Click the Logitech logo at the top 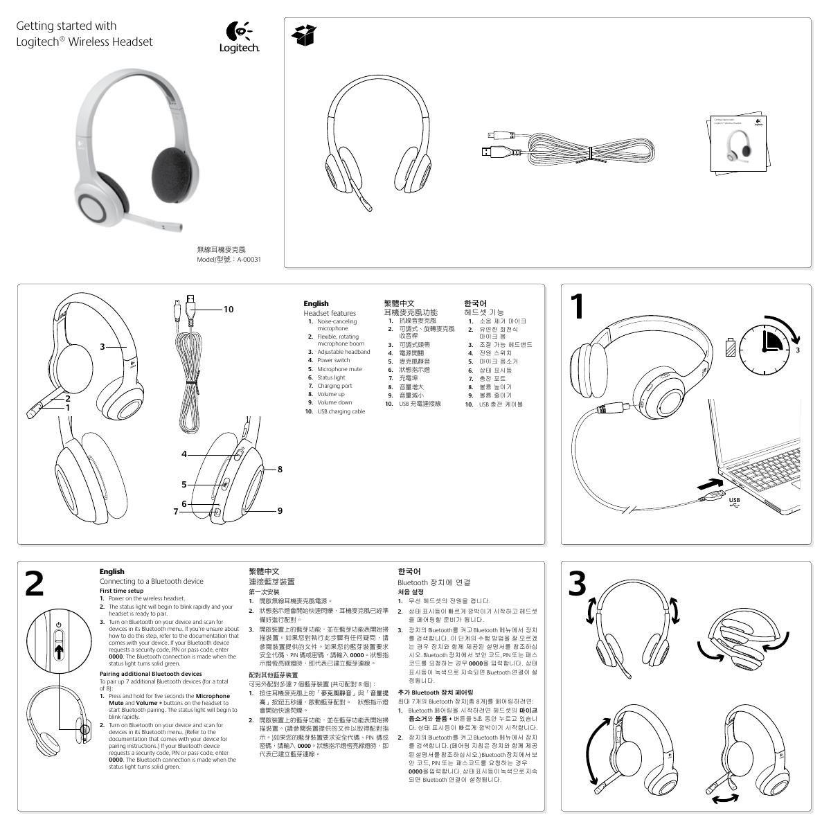tap(239, 37)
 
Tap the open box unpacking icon tap(304, 35)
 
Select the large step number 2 tap(34, 584)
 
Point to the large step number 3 tap(578, 584)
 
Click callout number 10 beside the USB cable tap(228, 310)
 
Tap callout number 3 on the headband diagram tap(102, 346)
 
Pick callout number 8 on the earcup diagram tap(280, 470)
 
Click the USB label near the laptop tap(734, 501)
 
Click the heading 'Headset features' tap(330, 313)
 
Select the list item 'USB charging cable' tap(341, 411)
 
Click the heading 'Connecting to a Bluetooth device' tap(151, 581)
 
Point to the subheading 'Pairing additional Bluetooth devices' tap(151, 674)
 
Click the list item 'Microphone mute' tap(339, 369)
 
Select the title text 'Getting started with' tap(66, 26)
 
